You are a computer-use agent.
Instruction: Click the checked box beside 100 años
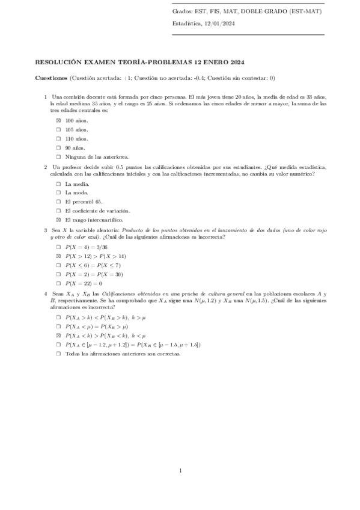(x=59, y=120)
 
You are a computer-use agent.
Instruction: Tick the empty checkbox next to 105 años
(x=59, y=129)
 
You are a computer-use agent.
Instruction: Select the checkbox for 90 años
(x=59, y=147)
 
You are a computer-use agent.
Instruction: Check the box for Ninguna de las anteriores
(x=59, y=156)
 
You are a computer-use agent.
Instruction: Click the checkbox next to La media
(x=59, y=184)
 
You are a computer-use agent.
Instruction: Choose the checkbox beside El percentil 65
(x=59, y=202)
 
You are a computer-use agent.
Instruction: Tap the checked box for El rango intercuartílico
(x=59, y=220)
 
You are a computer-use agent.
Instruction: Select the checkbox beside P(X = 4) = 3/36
(x=59, y=247)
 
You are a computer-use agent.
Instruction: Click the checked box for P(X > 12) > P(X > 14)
(x=59, y=256)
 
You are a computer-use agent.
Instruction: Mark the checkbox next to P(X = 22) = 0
(x=59, y=283)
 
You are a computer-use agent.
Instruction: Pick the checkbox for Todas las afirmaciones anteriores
(x=59, y=354)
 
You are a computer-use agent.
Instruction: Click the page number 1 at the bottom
(x=180, y=470)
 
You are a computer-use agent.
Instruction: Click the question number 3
(x=46, y=229)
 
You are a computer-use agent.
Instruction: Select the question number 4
(x=46, y=293)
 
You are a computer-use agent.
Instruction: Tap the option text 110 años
(x=76, y=138)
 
